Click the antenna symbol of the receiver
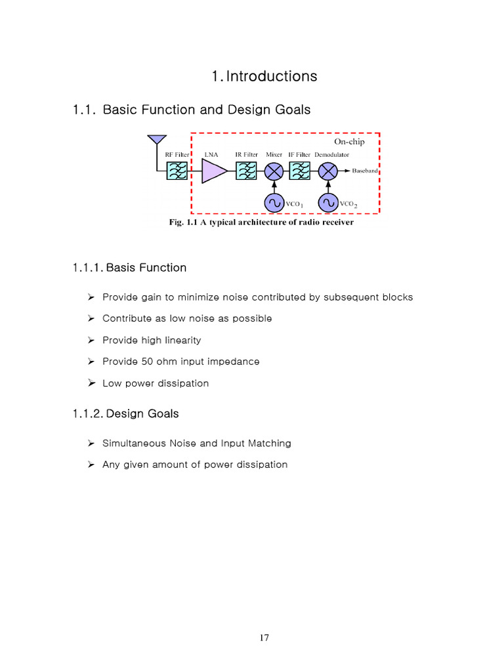coord(156,140)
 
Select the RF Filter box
coord(177,172)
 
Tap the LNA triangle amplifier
coord(213,172)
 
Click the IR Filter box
coord(246,172)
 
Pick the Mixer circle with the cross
coord(274,172)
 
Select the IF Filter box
coord(299,172)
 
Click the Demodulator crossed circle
coord(327,172)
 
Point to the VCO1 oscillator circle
coord(274,204)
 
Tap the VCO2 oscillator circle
coord(327,204)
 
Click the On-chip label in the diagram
coord(349,141)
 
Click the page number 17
coord(264,638)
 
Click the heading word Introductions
coord(272,76)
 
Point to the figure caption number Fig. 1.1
coord(184,222)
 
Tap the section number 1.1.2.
coord(87,414)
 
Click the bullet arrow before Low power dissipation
coord(92,383)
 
